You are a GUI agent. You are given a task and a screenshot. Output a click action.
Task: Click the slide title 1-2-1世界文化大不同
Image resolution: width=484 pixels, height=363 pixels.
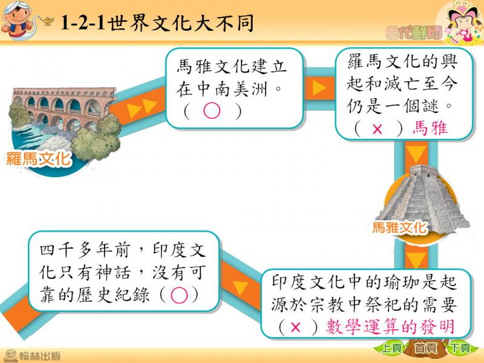[157, 23]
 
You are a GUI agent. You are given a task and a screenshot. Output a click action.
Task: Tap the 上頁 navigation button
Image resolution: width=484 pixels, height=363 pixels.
[391, 348]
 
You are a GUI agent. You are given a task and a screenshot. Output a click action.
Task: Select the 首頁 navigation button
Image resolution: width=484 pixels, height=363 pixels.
[426, 348]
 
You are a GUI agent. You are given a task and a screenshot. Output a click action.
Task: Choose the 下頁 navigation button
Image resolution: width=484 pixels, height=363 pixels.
[460, 348]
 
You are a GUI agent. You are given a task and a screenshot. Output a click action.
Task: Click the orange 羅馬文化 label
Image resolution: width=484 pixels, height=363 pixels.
[39, 159]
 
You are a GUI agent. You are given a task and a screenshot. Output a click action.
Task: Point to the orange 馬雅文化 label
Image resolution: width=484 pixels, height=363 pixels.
[400, 227]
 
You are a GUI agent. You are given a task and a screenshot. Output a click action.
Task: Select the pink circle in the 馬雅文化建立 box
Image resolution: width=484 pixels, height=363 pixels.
[212, 111]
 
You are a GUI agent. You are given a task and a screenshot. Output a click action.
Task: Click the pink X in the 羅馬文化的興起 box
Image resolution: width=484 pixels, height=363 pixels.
[377, 129]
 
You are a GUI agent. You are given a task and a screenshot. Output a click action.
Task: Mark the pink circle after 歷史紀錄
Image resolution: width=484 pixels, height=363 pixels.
[179, 295]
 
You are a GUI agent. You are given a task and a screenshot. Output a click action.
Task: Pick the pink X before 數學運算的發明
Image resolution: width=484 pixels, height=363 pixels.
[295, 327]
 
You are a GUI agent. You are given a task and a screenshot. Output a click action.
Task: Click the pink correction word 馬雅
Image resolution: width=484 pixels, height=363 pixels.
[430, 128]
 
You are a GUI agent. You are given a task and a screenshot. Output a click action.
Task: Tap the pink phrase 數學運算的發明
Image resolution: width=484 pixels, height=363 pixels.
[390, 327]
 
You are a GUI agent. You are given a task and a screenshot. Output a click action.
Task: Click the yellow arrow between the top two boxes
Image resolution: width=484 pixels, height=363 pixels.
[319, 88]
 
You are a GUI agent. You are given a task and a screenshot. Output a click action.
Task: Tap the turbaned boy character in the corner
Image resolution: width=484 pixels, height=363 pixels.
[19, 19]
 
